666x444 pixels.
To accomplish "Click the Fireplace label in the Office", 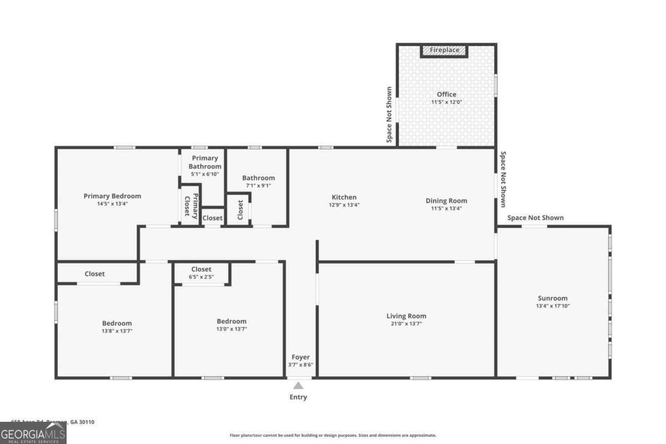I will [444, 50].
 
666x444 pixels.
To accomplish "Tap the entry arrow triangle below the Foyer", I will [298, 386].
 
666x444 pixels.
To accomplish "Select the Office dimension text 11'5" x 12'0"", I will [446, 102].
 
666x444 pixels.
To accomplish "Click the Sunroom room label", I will [552, 298].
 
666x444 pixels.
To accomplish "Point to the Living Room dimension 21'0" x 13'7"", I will [406, 324].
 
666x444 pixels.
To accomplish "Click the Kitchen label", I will [344, 197].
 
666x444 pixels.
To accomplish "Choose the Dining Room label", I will [446, 200].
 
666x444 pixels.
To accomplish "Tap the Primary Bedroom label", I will [112, 196].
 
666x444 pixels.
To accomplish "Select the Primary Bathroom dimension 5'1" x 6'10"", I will [205, 174].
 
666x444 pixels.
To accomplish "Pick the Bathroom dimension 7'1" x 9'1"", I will [258, 185].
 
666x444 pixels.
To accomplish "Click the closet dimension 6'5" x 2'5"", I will [201, 277].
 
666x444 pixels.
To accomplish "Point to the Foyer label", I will [300, 357].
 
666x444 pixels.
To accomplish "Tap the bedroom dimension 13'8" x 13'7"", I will [117, 331].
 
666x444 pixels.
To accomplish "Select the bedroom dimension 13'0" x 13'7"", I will [231, 329].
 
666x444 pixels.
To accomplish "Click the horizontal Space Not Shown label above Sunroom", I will [535, 218].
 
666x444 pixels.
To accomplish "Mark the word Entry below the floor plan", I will [298, 397].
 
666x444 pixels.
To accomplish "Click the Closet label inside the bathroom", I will [240, 209].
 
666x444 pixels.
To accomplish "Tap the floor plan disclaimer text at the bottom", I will [333, 435].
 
